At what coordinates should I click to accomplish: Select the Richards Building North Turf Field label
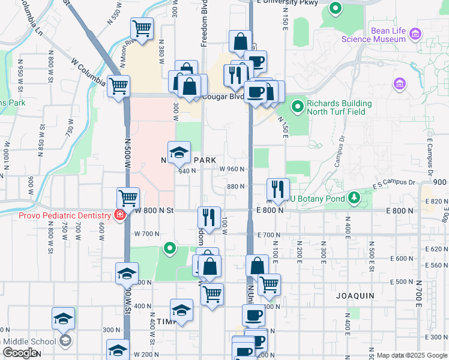coord(339,107)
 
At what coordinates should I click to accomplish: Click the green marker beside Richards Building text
coord(297,107)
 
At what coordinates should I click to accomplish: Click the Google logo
coord(20,353)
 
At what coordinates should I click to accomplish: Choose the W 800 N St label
coord(154,211)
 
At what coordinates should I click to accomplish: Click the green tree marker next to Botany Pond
coord(355,197)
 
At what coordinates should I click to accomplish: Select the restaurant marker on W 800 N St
coord(209,218)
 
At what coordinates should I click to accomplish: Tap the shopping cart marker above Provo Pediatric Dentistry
coord(128,198)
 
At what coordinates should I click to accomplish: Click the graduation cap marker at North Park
coord(179,154)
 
